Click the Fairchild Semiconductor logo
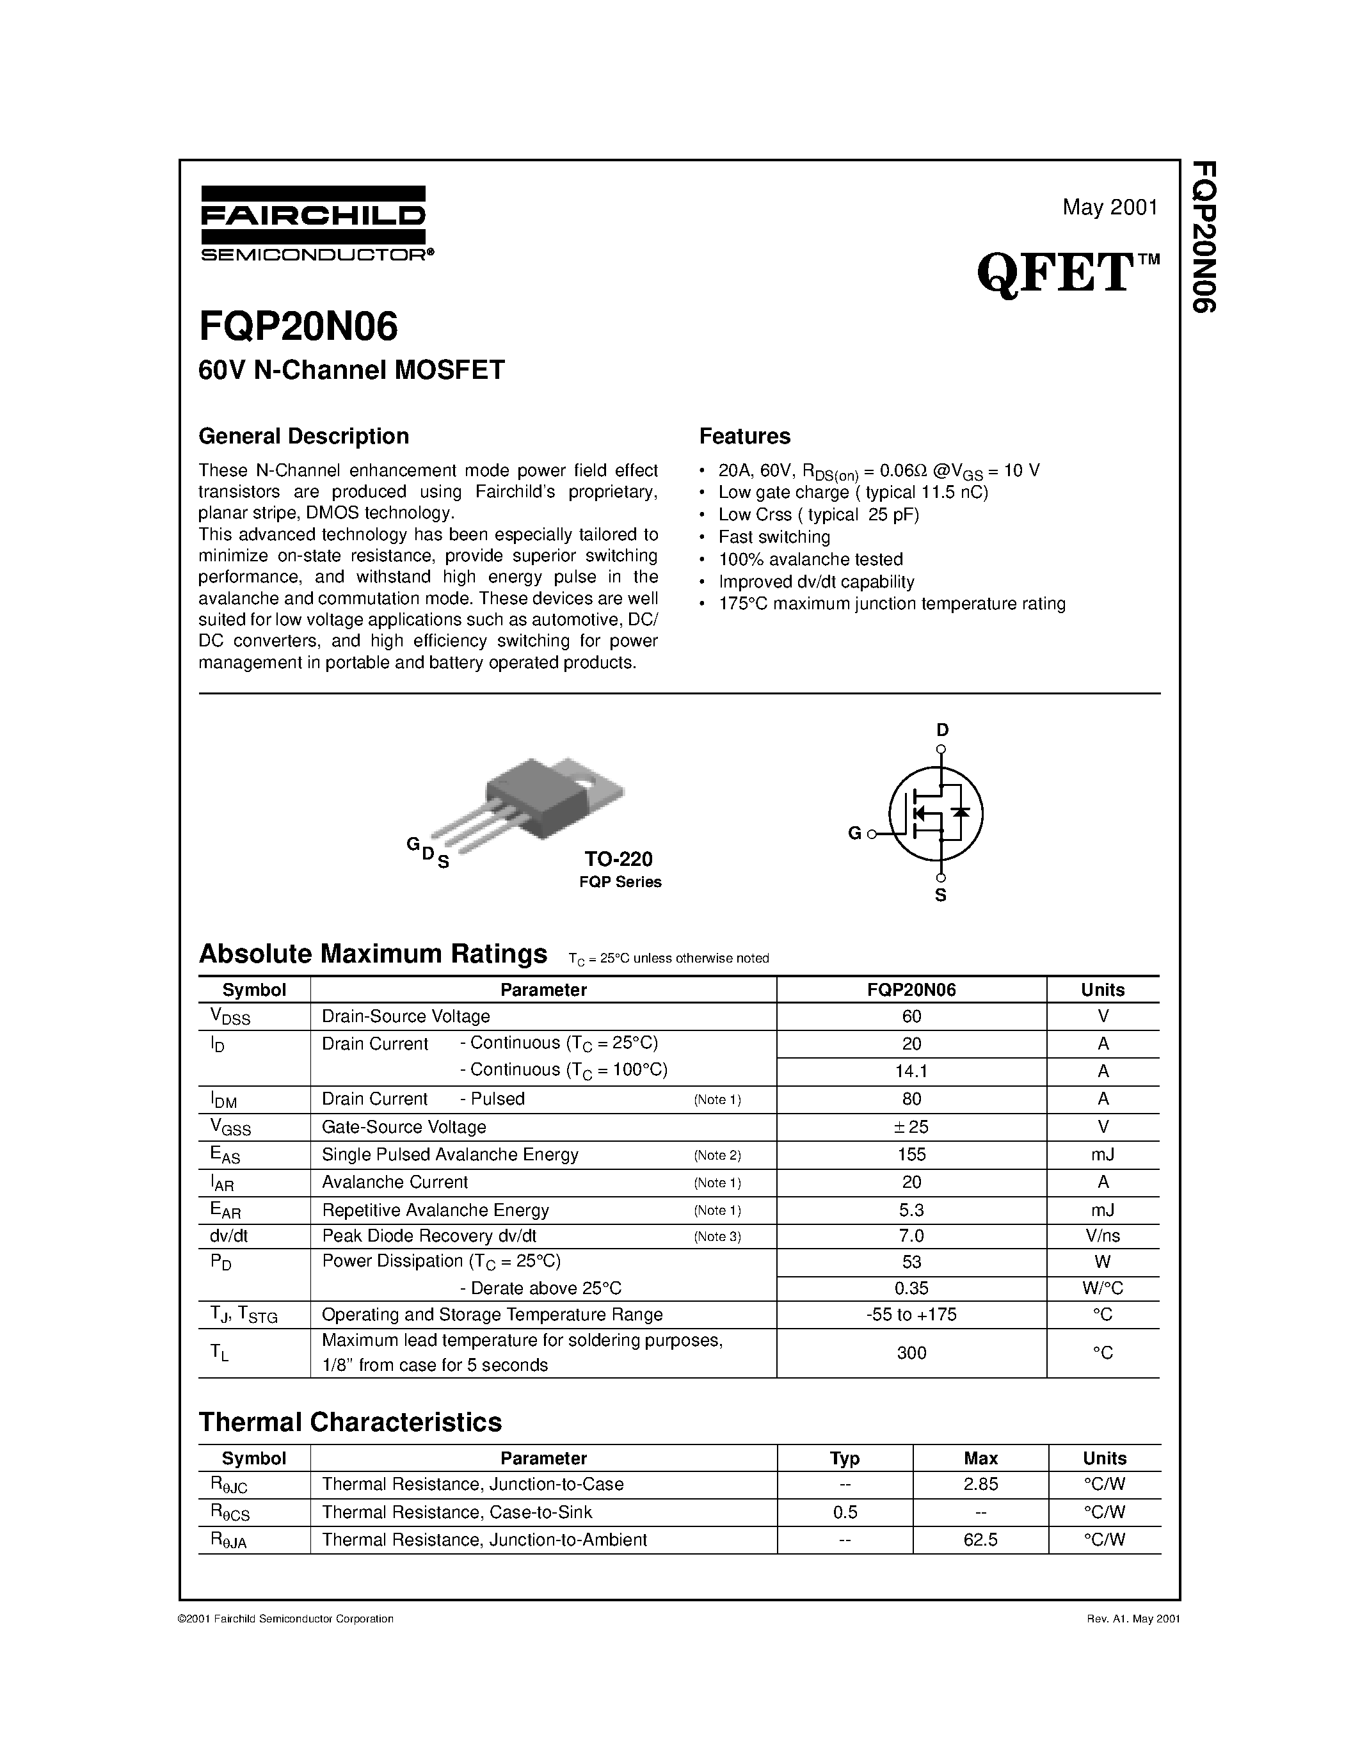click(314, 223)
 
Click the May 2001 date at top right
click(1109, 208)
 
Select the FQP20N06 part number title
click(298, 327)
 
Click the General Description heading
click(304, 436)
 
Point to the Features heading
click(744, 436)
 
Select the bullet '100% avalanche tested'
click(810, 559)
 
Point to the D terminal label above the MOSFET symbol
click(942, 730)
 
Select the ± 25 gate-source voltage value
click(911, 1126)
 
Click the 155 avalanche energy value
click(911, 1154)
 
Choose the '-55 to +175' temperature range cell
click(911, 1315)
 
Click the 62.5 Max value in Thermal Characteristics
click(980, 1539)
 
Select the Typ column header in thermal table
click(844, 1458)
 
